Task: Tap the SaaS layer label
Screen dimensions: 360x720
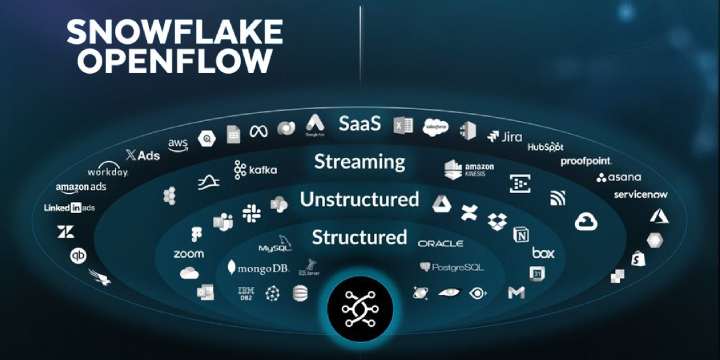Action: pyautogui.click(x=359, y=124)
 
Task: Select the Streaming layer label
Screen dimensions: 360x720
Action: pyautogui.click(x=359, y=161)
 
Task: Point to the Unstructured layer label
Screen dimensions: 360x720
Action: pyautogui.click(x=359, y=199)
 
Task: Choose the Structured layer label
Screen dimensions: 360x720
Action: pyautogui.click(x=359, y=237)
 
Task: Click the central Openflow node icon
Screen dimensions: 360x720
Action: pyautogui.click(x=360, y=311)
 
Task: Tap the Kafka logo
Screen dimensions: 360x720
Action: pyautogui.click(x=256, y=169)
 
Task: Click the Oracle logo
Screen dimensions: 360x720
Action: pyautogui.click(x=441, y=243)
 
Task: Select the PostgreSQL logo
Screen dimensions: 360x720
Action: pyautogui.click(x=453, y=267)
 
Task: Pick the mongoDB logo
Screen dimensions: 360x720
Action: pyautogui.click(x=257, y=268)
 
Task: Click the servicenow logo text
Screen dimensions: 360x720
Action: pyautogui.click(x=640, y=194)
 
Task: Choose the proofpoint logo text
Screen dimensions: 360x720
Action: pyautogui.click(x=586, y=160)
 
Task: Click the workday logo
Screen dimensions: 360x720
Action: pyautogui.click(x=108, y=172)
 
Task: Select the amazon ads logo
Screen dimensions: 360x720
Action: pyautogui.click(x=82, y=188)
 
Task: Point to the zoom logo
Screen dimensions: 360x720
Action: pyautogui.click(x=188, y=254)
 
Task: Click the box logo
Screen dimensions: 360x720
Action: pyautogui.click(x=543, y=253)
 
